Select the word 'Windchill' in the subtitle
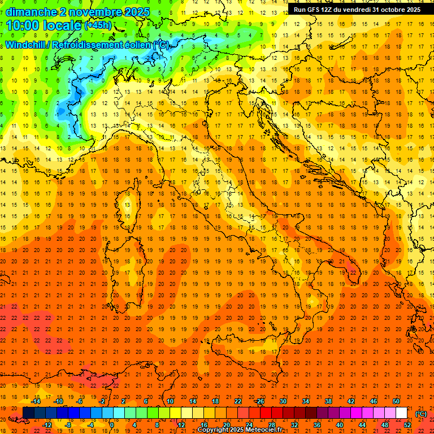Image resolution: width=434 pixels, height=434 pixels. tap(29, 45)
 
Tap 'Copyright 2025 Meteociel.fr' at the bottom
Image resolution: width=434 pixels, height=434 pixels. tap(240, 430)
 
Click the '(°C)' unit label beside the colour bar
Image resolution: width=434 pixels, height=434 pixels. tap(421, 413)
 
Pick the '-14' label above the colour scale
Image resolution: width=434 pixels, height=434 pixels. tap(36, 401)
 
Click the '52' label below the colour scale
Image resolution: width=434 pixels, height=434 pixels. tap(407, 425)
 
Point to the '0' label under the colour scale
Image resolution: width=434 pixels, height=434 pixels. tap(112, 425)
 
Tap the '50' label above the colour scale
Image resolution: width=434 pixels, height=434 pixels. tap(396, 401)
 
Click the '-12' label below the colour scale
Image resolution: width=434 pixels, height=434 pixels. tap(47, 425)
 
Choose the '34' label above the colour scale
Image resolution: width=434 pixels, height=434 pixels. tap(305, 401)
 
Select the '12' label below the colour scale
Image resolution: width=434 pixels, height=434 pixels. tap(181, 425)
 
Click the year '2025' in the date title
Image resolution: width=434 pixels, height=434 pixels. tap(137, 12)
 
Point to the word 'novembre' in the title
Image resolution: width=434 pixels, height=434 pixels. tap(93, 12)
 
